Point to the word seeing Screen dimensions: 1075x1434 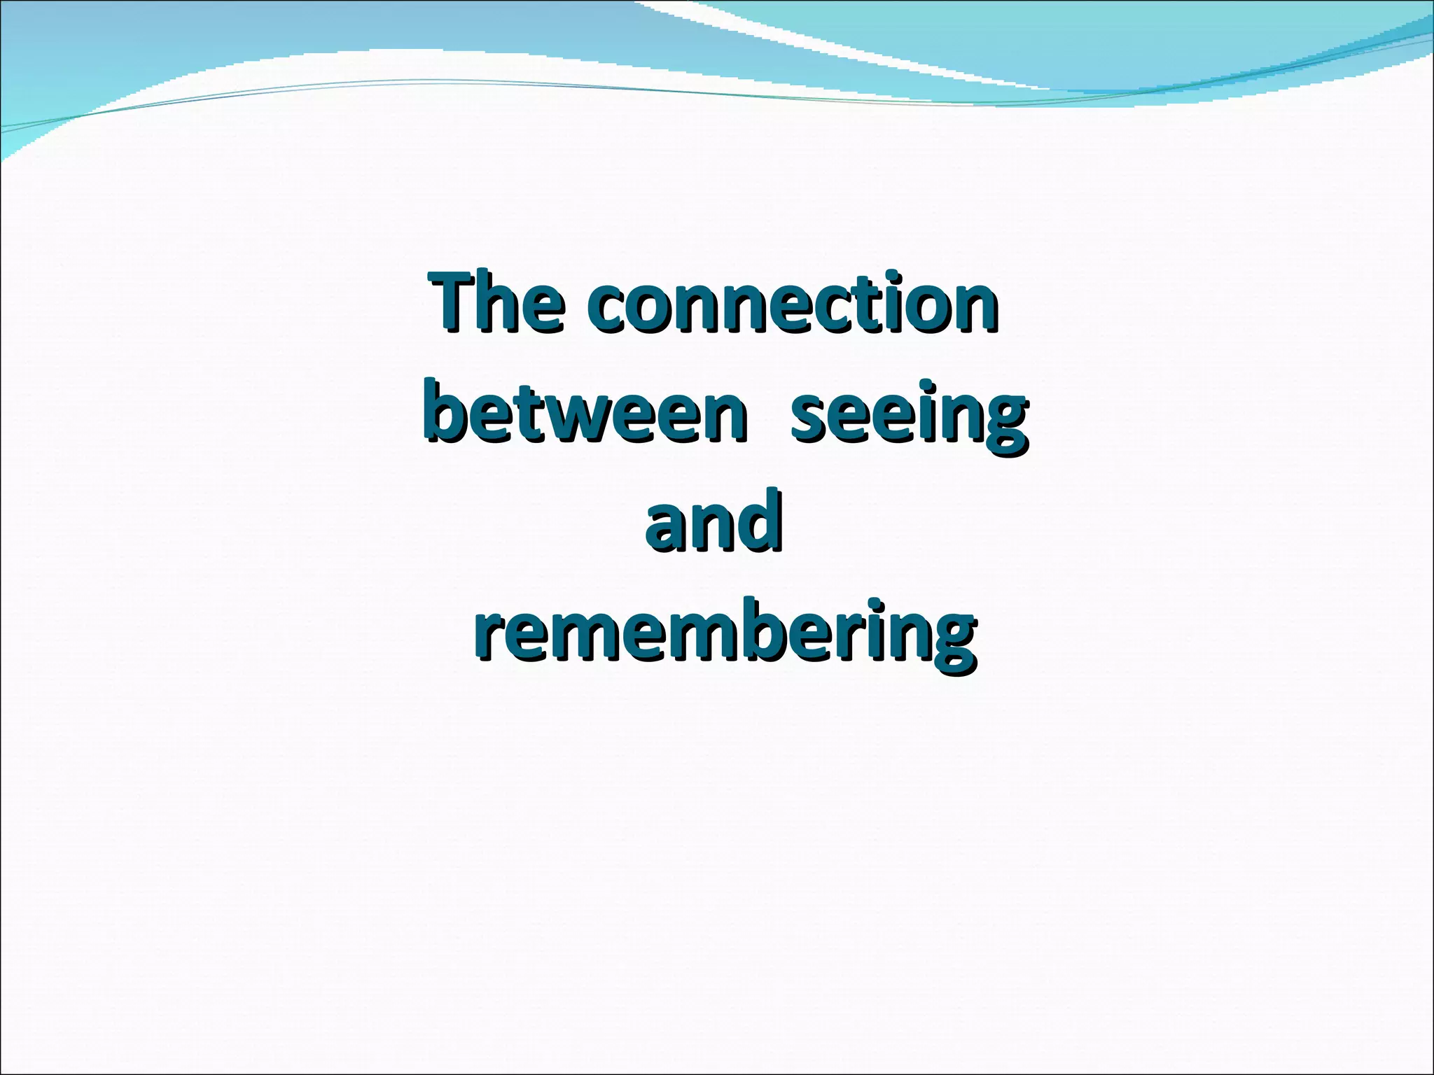coord(908,419)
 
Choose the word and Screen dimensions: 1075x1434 coord(713,521)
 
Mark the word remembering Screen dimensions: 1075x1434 coord(724,633)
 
